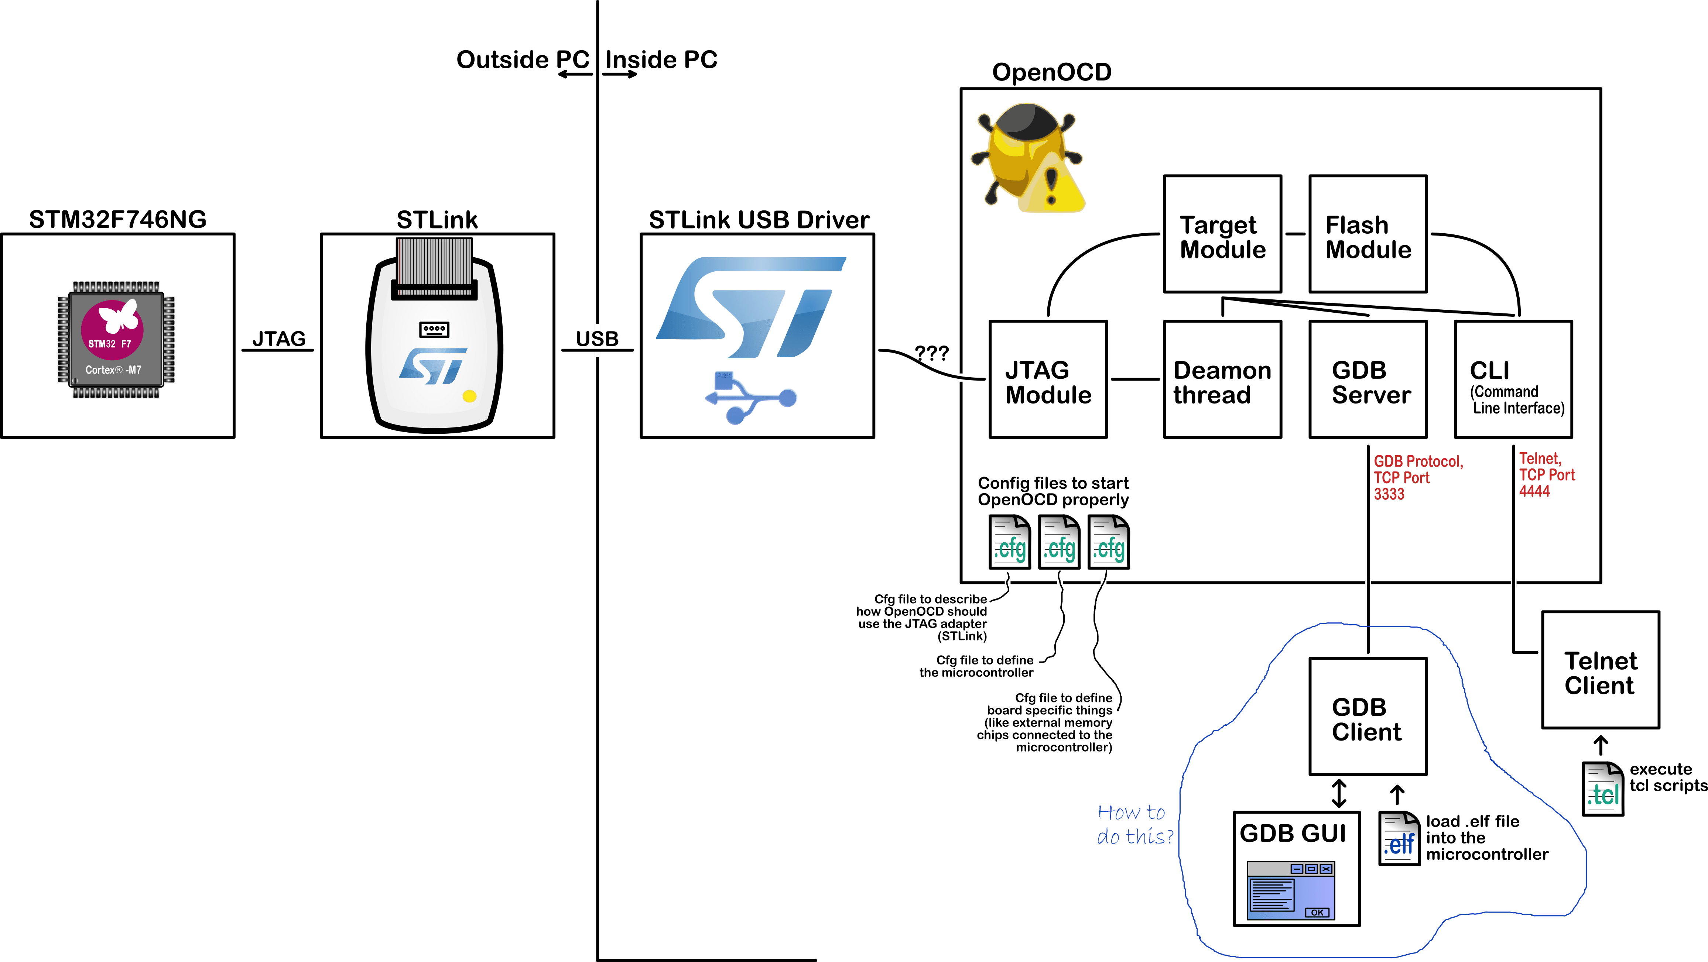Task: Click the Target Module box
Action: [1222, 234]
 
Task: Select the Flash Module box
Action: [1367, 234]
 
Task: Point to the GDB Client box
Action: [1367, 717]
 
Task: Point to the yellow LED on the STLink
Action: [469, 396]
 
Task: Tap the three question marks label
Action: [932, 353]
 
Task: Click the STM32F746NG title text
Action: [117, 219]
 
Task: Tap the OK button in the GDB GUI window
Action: [1317, 912]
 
